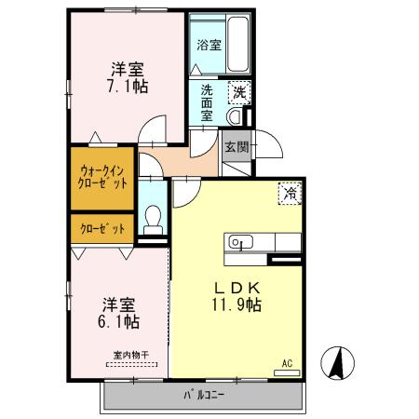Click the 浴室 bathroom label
coord(209,44)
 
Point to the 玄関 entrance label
coord(237,146)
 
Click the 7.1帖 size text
coord(128,86)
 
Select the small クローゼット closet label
coord(101,228)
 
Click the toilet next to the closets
coord(154,220)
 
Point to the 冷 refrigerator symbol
coord(290,194)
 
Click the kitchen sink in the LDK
coord(240,243)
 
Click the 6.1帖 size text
coord(120,322)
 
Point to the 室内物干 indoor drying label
coord(130,354)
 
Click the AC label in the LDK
coord(287,364)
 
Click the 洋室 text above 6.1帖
coord(120,304)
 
